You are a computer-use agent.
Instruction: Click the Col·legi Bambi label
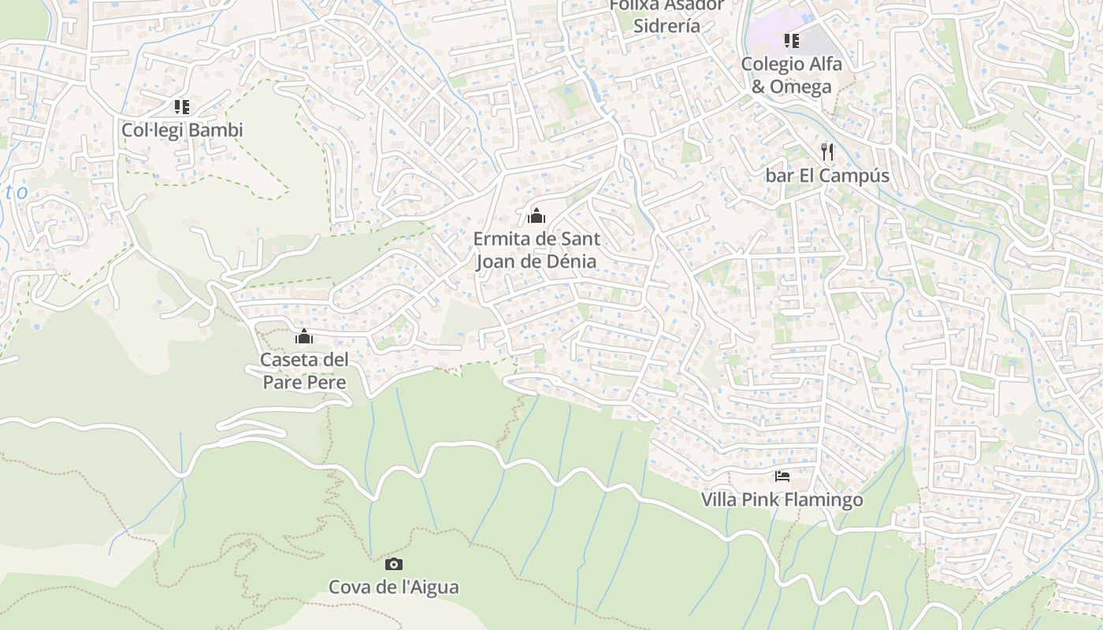(182, 130)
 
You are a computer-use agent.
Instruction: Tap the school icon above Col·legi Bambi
(182, 106)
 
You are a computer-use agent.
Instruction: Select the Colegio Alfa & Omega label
(791, 75)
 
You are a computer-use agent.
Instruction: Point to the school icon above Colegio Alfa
(791, 40)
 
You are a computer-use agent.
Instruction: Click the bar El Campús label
(827, 176)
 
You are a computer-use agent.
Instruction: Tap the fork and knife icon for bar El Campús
(826, 151)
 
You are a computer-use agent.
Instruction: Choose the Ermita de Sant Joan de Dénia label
(537, 250)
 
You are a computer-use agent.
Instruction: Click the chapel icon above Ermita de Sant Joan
(537, 215)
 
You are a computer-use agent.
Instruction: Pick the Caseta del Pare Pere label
(304, 371)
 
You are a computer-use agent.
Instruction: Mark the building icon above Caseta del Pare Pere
(304, 337)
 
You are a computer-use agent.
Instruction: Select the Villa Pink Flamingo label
(782, 500)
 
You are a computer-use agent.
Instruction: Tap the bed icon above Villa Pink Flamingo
(782, 476)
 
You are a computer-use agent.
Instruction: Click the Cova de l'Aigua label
(393, 587)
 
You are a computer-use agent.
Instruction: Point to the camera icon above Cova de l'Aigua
(393, 564)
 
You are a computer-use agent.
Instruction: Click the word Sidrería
(667, 25)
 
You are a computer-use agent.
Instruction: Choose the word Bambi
(215, 130)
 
